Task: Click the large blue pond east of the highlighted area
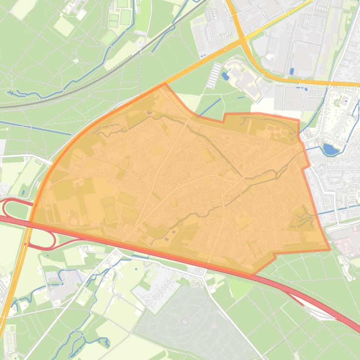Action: tap(331, 150)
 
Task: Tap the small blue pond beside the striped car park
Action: tap(226, 75)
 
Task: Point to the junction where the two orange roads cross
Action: tap(242, 41)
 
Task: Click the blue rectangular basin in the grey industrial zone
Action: tap(292, 71)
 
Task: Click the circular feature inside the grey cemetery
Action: tap(186, 322)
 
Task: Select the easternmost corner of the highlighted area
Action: tap(330, 249)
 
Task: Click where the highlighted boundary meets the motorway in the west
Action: tap(31, 222)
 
